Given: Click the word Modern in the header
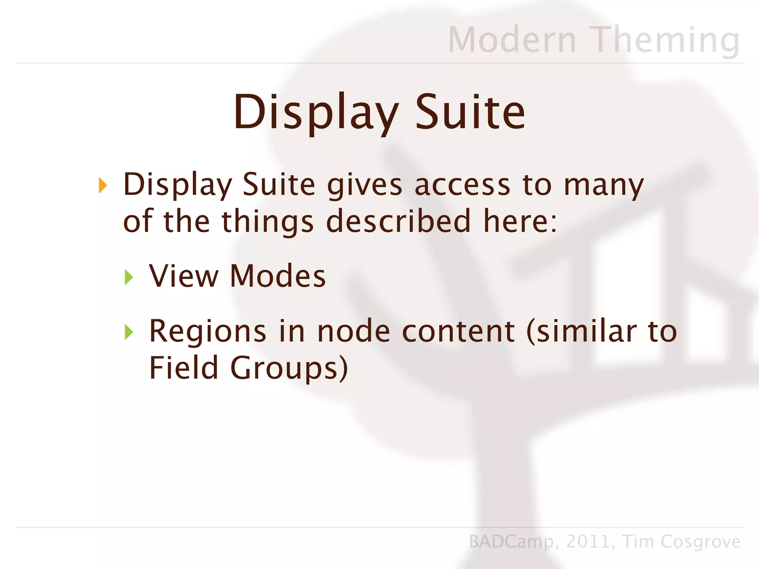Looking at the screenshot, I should coord(512,40).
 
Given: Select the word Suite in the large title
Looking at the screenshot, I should coord(470,112).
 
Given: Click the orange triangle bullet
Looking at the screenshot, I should coord(103,185).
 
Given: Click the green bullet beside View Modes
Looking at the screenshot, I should coord(129,277).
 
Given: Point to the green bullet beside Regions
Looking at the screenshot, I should coord(129,332).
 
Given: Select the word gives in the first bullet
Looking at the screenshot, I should coord(364,185).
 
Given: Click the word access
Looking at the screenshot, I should coord(462,185).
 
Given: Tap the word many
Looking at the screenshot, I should coord(604,185).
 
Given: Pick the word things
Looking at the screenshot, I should coord(268,222).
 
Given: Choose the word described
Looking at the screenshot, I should coord(398,221).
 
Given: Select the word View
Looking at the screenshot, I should coord(184,276).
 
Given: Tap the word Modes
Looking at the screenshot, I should coord(278,276).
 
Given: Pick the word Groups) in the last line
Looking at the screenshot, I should coord(289,368).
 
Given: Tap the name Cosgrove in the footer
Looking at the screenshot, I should coord(700,542).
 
